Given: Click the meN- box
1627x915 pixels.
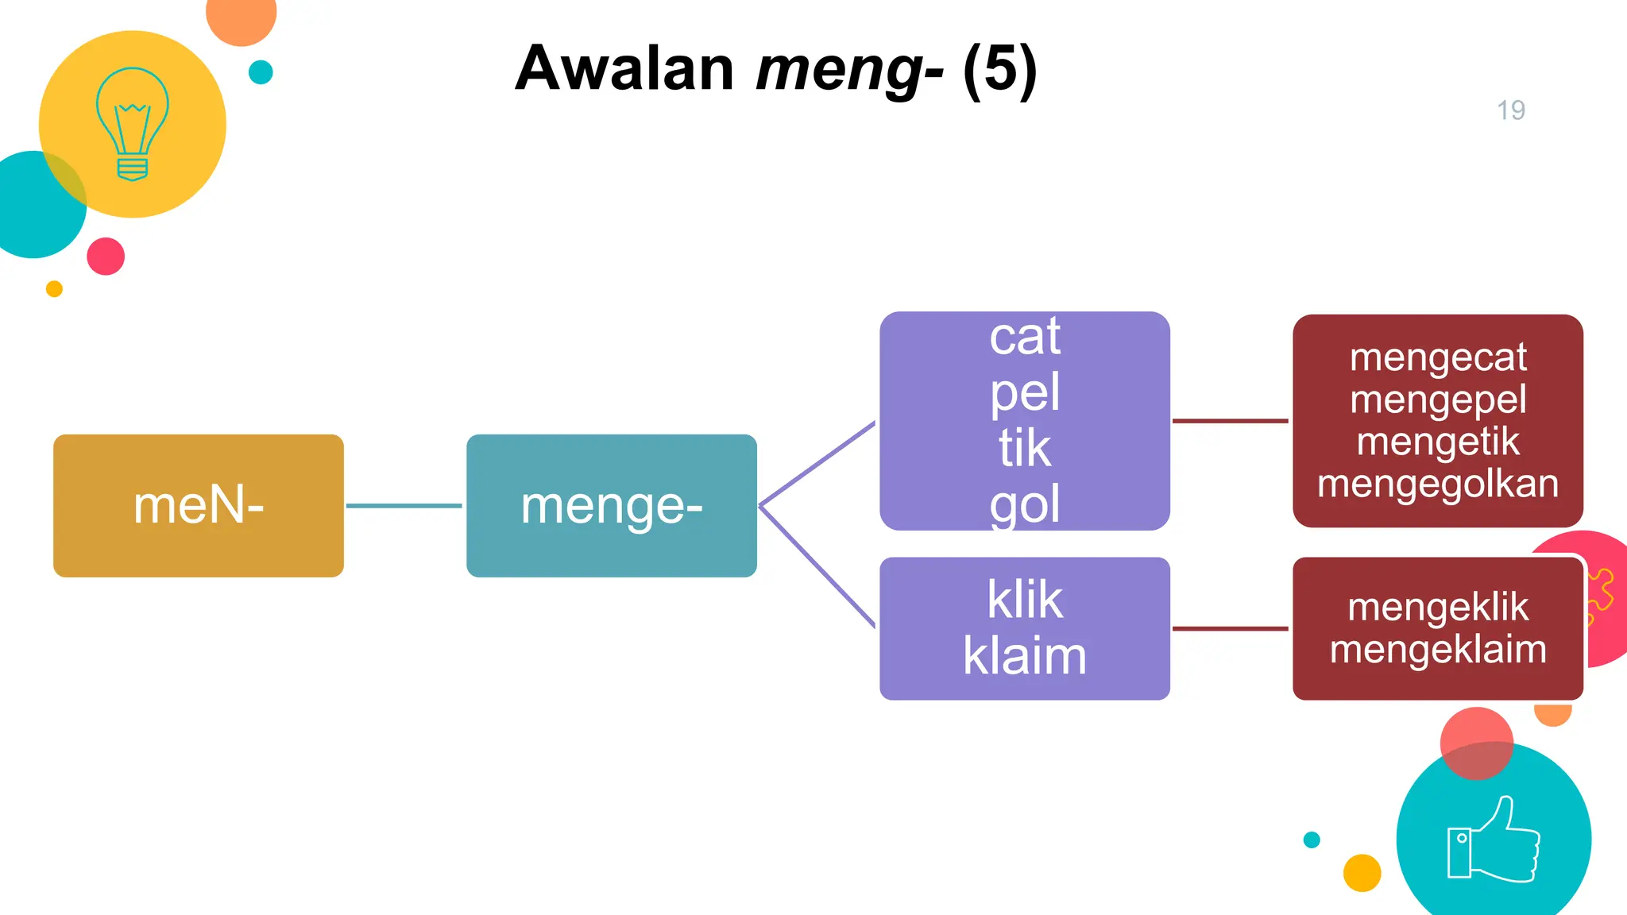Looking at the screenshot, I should (198, 505).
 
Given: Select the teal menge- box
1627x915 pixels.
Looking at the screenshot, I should (611, 505).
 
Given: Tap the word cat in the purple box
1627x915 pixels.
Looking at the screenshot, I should (1024, 336).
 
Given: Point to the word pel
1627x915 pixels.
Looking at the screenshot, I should (1024, 392).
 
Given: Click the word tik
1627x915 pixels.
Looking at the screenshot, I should (1024, 448).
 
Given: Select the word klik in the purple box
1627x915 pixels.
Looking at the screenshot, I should (1024, 600).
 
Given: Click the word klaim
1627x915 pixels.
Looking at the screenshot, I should (1024, 656).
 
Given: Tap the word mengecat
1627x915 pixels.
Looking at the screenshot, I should (1437, 357).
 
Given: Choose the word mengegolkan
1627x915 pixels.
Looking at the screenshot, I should (1437, 484).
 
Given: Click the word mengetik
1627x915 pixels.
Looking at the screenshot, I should (1437, 442).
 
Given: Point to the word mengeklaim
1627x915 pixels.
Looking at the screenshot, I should (1437, 650).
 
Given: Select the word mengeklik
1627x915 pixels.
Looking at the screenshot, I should (1437, 608).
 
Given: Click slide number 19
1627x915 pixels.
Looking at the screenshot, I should (1510, 110).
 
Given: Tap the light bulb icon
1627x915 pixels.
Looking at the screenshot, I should (132, 124).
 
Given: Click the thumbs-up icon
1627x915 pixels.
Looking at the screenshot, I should (1493, 840).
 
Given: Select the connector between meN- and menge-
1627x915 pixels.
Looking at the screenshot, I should (404, 505).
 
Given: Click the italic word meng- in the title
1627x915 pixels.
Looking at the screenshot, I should (848, 70).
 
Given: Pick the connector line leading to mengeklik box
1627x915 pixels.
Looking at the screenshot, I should (1230, 628).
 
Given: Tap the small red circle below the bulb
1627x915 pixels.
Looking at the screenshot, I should (106, 256).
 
